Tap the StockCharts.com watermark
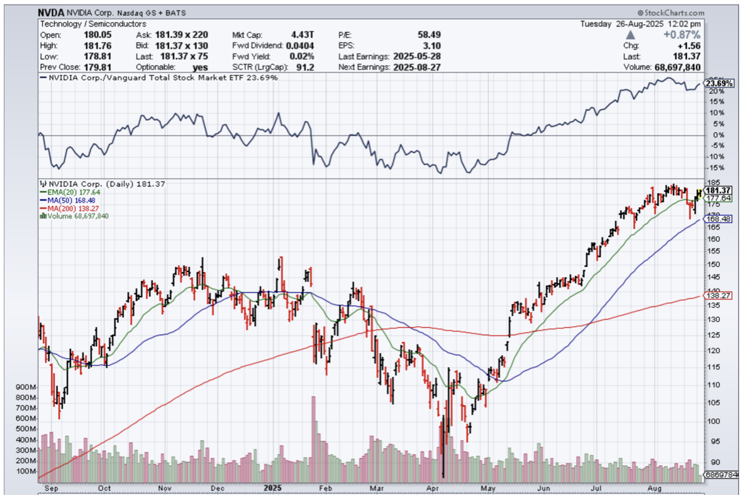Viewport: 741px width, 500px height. coord(672,12)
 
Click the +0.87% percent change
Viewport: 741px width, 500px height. coord(682,35)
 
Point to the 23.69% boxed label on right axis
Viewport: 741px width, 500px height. coord(717,84)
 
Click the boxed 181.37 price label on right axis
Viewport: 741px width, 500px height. coord(718,190)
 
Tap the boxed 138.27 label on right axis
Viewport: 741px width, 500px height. coord(718,295)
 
